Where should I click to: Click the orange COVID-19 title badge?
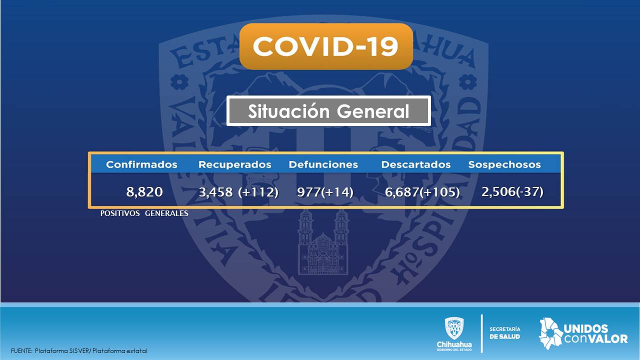(x=326, y=46)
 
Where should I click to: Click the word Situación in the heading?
(x=288, y=111)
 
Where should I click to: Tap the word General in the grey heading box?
(x=373, y=111)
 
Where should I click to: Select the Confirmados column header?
(x=141, y=164)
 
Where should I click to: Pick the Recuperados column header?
(x=235, y=164)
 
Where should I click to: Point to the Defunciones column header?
(x=323, y=164)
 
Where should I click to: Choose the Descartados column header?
(x=415, y=164)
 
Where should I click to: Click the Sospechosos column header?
(x=504, y=164)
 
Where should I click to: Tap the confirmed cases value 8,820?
(x=144, y=191)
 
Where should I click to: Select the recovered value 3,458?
(x=215, y=192)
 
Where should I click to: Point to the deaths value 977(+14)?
(x=325, y=192)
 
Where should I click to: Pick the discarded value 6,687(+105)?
(x=422, y=192)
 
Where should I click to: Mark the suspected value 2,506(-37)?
(x=512, y=191)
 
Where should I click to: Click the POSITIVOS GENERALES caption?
(x=144, y=213)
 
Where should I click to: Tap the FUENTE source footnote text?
(x=79, y=351)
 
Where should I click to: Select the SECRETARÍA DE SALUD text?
(x=505, y=333)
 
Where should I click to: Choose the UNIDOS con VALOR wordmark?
(x=595, y=333)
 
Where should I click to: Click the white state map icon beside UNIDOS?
(x=551, y=333)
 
